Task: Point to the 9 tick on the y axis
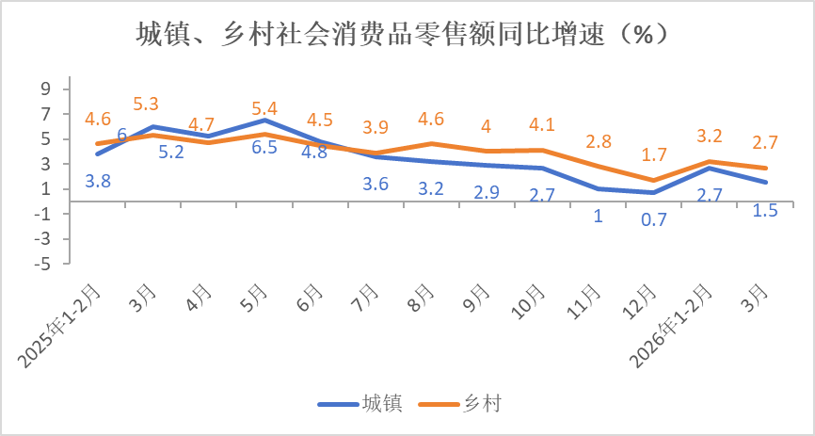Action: click(43, 89)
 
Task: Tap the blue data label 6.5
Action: click(264, 148)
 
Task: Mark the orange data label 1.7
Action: click(652, 154)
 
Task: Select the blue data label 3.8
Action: click(98, 181)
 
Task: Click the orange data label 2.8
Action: click(599, 142)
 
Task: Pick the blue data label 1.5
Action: click(765, 210)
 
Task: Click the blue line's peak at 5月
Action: click(266, 120)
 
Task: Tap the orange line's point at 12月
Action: click(652, 180)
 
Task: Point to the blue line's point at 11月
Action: click(599, 188)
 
